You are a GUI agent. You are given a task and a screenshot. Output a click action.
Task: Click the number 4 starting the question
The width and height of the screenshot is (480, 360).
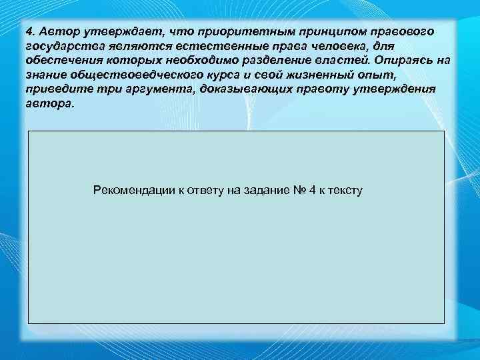click(30, 31)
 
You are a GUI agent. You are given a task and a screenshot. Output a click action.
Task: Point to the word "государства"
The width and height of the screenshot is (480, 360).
click(59, 46)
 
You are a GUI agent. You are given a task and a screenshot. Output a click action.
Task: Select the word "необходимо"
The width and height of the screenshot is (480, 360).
click(197, 61)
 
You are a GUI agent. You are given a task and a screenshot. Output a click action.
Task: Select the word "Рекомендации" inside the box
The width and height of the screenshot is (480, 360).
click(127, 191)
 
